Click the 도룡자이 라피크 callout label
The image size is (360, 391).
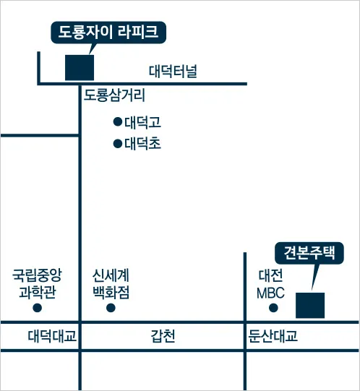108,33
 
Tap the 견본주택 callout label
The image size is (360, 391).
309,253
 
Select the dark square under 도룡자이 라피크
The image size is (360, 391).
80,68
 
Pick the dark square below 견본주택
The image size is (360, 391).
310,306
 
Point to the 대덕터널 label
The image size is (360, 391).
173,72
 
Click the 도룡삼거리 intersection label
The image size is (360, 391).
114,95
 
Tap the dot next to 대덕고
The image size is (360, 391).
118,121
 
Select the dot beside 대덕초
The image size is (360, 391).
118,144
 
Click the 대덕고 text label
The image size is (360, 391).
142,122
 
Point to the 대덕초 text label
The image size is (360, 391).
142,144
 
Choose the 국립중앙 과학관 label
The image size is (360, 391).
37,283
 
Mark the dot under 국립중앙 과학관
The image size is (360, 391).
38,308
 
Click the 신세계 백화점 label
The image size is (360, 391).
111,283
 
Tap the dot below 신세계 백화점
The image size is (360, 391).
111,308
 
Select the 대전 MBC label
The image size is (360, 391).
270,283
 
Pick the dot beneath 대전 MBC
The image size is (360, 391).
273,308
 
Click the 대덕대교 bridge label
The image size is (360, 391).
52,336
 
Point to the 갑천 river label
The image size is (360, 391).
163,336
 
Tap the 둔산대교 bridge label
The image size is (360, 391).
273,336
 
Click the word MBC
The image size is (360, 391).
270,293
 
